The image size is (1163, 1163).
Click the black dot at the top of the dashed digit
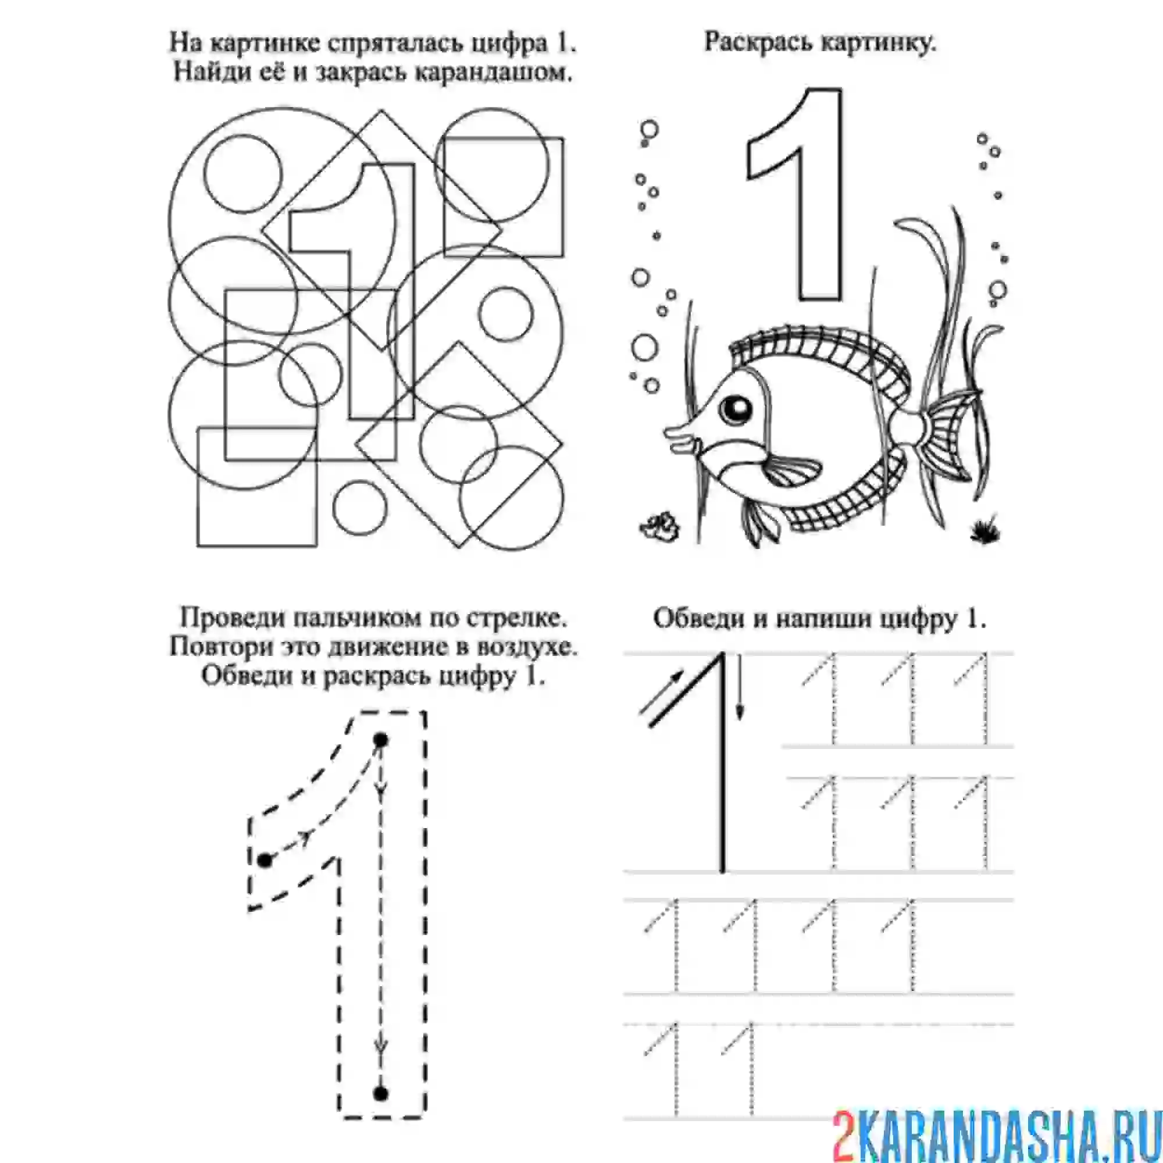(x=380, y=740)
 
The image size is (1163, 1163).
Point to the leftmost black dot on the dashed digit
(x=265, y=860)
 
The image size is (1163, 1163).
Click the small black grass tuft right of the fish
(x=986, y=530)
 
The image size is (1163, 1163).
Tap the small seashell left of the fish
(x=661, y=525)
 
